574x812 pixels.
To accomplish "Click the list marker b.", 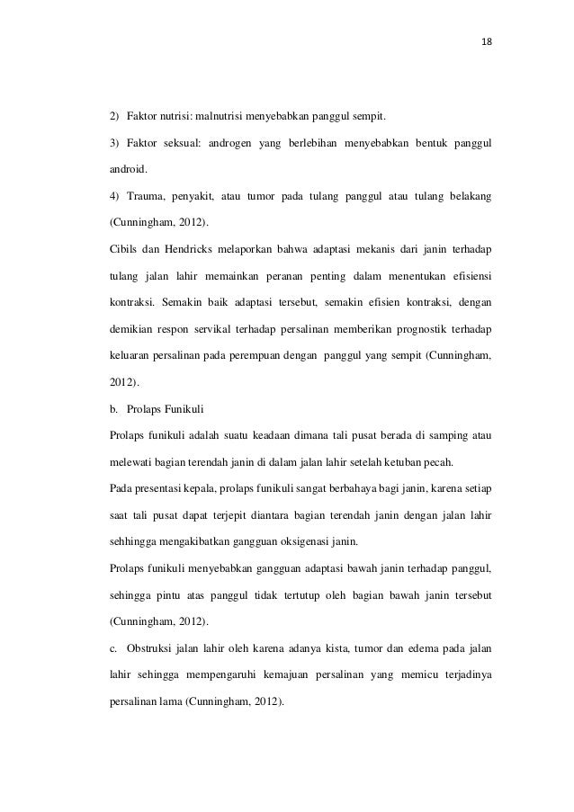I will click(x=112, y=410).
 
